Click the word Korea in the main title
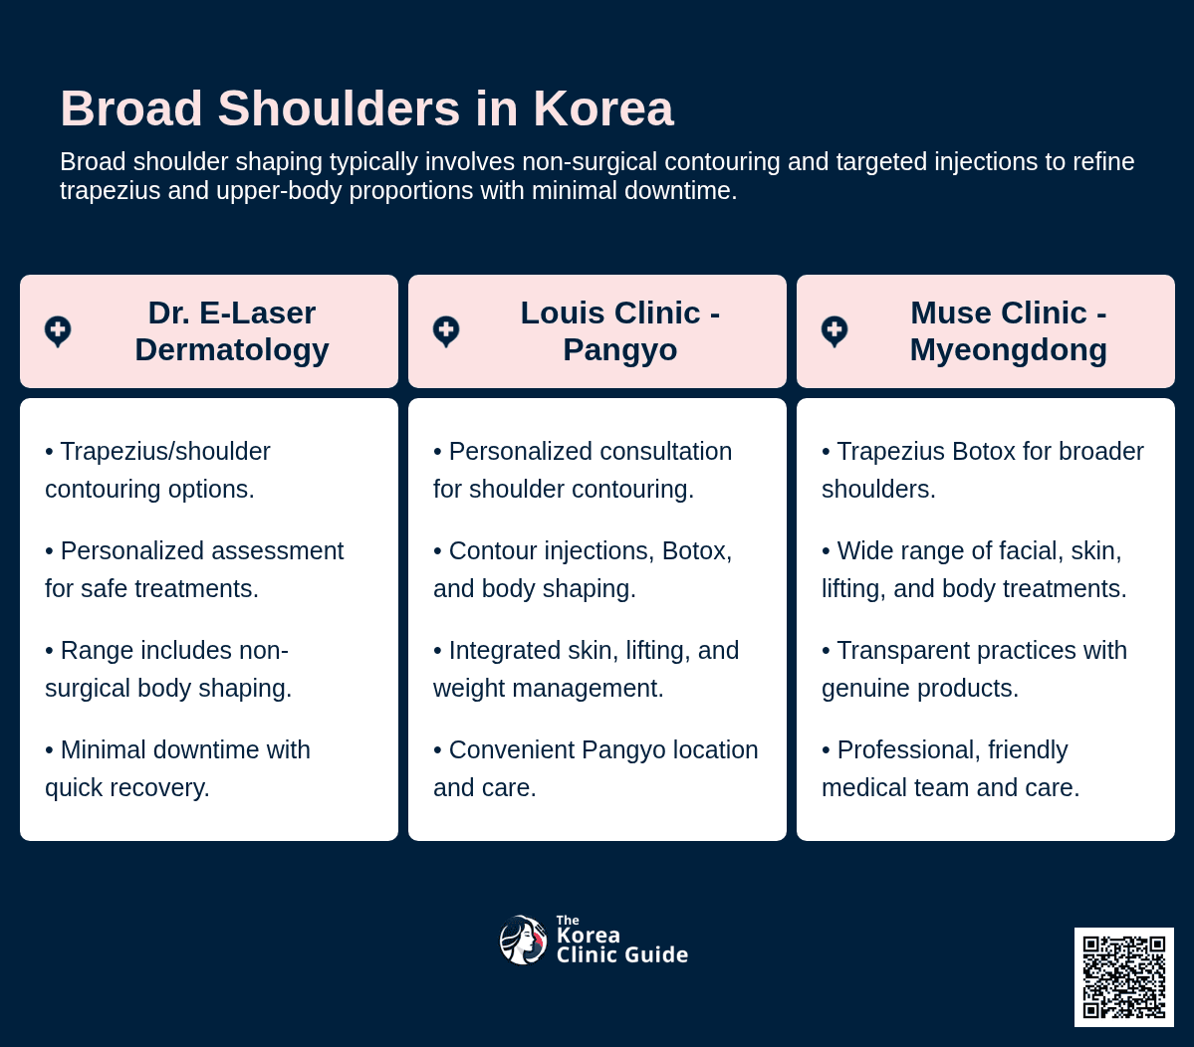pos(603,108)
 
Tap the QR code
pos(1124,977)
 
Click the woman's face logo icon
pos(523,940)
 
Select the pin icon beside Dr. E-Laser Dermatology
pos(58,331)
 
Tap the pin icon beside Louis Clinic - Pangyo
pos(446,331)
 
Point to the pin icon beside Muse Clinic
pos(835,331)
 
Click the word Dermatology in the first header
pos(232,350)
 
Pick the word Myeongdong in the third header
pos(1009,350)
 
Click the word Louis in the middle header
pos(561,313)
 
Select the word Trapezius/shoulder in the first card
pos(165,451)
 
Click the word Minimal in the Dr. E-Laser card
pos(104,749)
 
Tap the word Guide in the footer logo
pos(658,954)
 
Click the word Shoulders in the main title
pos(339,108)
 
